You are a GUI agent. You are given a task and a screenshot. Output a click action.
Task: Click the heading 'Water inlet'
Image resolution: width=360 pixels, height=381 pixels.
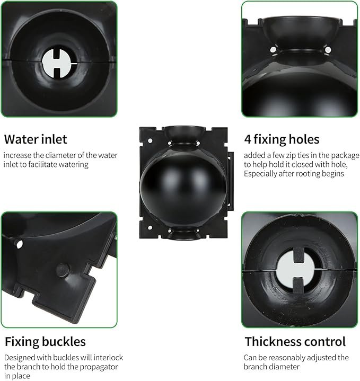coord(36,139)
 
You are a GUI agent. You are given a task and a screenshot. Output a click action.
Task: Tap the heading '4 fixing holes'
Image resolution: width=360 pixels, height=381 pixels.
coord(282,140)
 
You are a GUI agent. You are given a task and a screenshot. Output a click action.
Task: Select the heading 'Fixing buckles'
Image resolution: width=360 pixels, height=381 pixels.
coord(45,342)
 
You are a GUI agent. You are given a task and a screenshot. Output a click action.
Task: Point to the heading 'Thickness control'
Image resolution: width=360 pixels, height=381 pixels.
coord(295,342)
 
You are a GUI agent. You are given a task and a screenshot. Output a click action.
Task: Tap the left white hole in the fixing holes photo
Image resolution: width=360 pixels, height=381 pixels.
coord(273,50)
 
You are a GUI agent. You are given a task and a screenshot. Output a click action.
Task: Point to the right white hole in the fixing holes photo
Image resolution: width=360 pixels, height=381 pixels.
coord(328,50)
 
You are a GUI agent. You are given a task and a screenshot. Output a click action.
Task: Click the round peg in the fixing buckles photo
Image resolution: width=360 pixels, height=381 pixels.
coord(63,270)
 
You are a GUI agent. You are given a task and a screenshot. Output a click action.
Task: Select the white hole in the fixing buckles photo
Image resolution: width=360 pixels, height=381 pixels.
coord(20,244)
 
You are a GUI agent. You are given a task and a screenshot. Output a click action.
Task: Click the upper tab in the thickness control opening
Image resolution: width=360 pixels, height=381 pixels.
coord(298,255)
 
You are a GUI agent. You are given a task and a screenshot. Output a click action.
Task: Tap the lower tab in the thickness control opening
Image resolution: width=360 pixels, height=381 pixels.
coord(298,285)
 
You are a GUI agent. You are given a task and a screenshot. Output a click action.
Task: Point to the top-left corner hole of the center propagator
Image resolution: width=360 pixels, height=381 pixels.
coord(150,140)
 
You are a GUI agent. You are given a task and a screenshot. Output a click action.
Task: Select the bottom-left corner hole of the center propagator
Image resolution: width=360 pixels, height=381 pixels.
coord(150,228)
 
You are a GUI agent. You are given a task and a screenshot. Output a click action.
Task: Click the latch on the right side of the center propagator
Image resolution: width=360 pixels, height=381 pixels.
coord(230,181)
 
